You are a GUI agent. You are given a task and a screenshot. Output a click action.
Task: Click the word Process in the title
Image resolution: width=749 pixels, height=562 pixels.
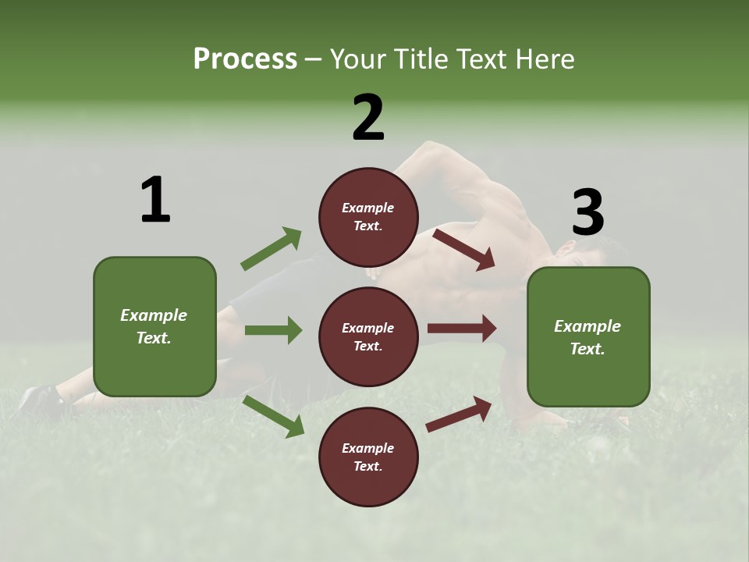pos(245,59)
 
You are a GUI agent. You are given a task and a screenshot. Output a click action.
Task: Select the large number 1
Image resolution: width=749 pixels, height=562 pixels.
pos(155,200)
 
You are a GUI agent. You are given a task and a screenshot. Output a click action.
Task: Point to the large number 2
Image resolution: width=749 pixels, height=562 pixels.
pos(368,118)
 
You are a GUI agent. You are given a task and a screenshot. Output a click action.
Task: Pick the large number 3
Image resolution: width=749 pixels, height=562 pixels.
pos(587,212)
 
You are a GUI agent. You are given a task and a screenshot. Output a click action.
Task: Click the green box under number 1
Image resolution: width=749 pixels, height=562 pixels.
pos(154,326)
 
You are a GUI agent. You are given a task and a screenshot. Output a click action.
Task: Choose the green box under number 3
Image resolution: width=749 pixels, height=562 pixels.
pos(588,336)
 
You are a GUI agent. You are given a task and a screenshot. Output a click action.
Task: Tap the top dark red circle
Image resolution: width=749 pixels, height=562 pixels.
pos(368,217)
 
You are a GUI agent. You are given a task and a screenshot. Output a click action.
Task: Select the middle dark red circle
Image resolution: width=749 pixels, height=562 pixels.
pos(368,336)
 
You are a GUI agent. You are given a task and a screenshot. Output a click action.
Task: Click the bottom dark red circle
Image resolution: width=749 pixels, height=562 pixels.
pos(368,457)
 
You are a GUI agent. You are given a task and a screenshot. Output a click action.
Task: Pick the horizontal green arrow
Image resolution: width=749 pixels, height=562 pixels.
pos(273,330)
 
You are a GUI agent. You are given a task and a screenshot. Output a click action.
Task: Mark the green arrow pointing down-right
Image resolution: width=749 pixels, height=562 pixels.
pos(274,415)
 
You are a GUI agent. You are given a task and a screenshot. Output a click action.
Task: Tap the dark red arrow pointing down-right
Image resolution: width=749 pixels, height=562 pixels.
pos(463,249)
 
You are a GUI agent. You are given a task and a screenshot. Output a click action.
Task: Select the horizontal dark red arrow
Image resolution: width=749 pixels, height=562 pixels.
pos(462,329)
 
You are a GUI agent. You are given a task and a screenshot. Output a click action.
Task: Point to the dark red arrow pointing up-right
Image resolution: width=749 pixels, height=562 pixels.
pos(459,414)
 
